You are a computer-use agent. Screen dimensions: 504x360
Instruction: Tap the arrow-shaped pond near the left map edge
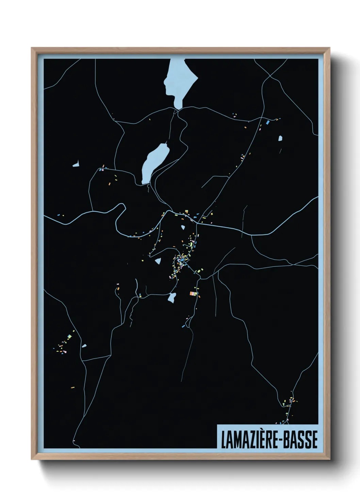tap(76, 164)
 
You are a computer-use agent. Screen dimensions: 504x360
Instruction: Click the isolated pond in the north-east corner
tap(280, 138)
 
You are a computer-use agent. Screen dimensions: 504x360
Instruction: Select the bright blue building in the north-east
tap(268, 122)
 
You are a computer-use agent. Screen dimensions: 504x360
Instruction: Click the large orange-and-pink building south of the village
tap(193, 293)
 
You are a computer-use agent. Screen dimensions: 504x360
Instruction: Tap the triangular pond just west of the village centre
tap(158, 261)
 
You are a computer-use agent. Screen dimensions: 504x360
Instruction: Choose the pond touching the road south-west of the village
tap(172, 297)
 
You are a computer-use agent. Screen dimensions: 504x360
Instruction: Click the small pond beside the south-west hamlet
tap(84, 346)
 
